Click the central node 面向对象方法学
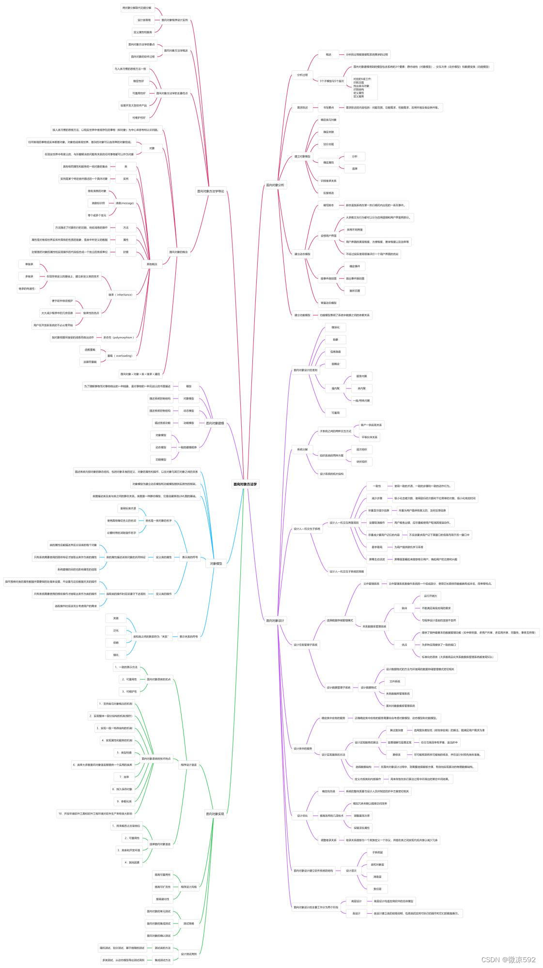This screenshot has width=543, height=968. click(246, 484)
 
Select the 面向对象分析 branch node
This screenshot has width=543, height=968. click(276, 185)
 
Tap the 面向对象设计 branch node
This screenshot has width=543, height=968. click(276, 620)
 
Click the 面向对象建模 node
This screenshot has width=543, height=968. click(215, 423)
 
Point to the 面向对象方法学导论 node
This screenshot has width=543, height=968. click(211, 191)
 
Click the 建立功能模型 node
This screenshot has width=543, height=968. click(302, 315)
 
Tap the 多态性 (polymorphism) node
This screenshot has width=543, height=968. click(119, 338)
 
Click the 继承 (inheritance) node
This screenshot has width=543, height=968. click(121, 294)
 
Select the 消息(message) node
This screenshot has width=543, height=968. click(124, 203)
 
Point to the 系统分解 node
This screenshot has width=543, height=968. click(302, 449)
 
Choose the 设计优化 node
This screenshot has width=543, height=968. click(302, 815)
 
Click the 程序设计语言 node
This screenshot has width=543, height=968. click(188, 765)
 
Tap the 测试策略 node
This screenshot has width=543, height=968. click(188, 923)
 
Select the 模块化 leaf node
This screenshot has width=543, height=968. click(335, 327)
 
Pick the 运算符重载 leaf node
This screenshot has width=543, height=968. click(90, 362)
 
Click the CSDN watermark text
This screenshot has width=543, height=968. click(508, 959)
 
